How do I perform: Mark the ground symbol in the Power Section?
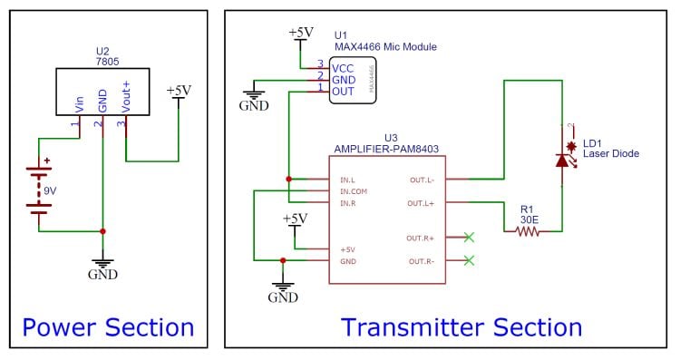(102, 264)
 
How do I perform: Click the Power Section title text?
(108, 326)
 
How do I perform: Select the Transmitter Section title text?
(461, 326)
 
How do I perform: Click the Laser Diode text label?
(610, 154)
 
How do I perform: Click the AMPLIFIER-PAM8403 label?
(387, 146)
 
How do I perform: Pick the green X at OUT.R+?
(468, 238)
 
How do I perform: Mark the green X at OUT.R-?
(468, 261)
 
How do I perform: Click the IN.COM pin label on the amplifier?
(354, 191)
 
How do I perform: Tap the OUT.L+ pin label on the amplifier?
(423, 203)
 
